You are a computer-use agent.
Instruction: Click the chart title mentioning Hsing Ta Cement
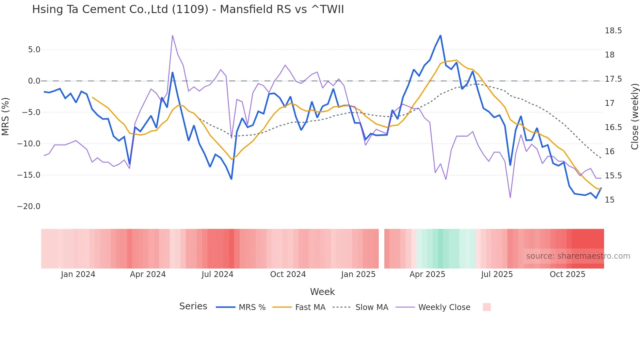click(x=188, y=9)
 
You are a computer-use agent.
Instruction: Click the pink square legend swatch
click(x=487, y=307)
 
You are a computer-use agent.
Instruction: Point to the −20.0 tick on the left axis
click(x=29, y=206)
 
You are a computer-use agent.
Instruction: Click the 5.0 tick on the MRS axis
click(x=34, y=50)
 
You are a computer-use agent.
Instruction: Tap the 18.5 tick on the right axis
click(x=613, y=31)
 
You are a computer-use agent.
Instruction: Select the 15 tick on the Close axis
click(x=609, y=200)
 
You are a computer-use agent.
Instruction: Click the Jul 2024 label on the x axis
click(x=217, y=274)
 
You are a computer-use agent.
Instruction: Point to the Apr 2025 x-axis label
click(x=427, y=274)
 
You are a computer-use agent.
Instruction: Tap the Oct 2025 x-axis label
click(x=567, y=274)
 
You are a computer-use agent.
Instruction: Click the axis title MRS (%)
click(x=6, y=116)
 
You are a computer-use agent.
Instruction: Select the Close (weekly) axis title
click(x=634, y=116)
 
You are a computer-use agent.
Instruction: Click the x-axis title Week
click(x=322, y=292)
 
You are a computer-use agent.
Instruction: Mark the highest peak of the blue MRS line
click(x=440, y=36)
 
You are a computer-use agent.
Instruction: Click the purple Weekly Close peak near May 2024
click(x=172, y=35)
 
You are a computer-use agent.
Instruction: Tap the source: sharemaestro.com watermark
click(x=578, y=256)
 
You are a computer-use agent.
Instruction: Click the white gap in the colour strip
click(x=381, y=249)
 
